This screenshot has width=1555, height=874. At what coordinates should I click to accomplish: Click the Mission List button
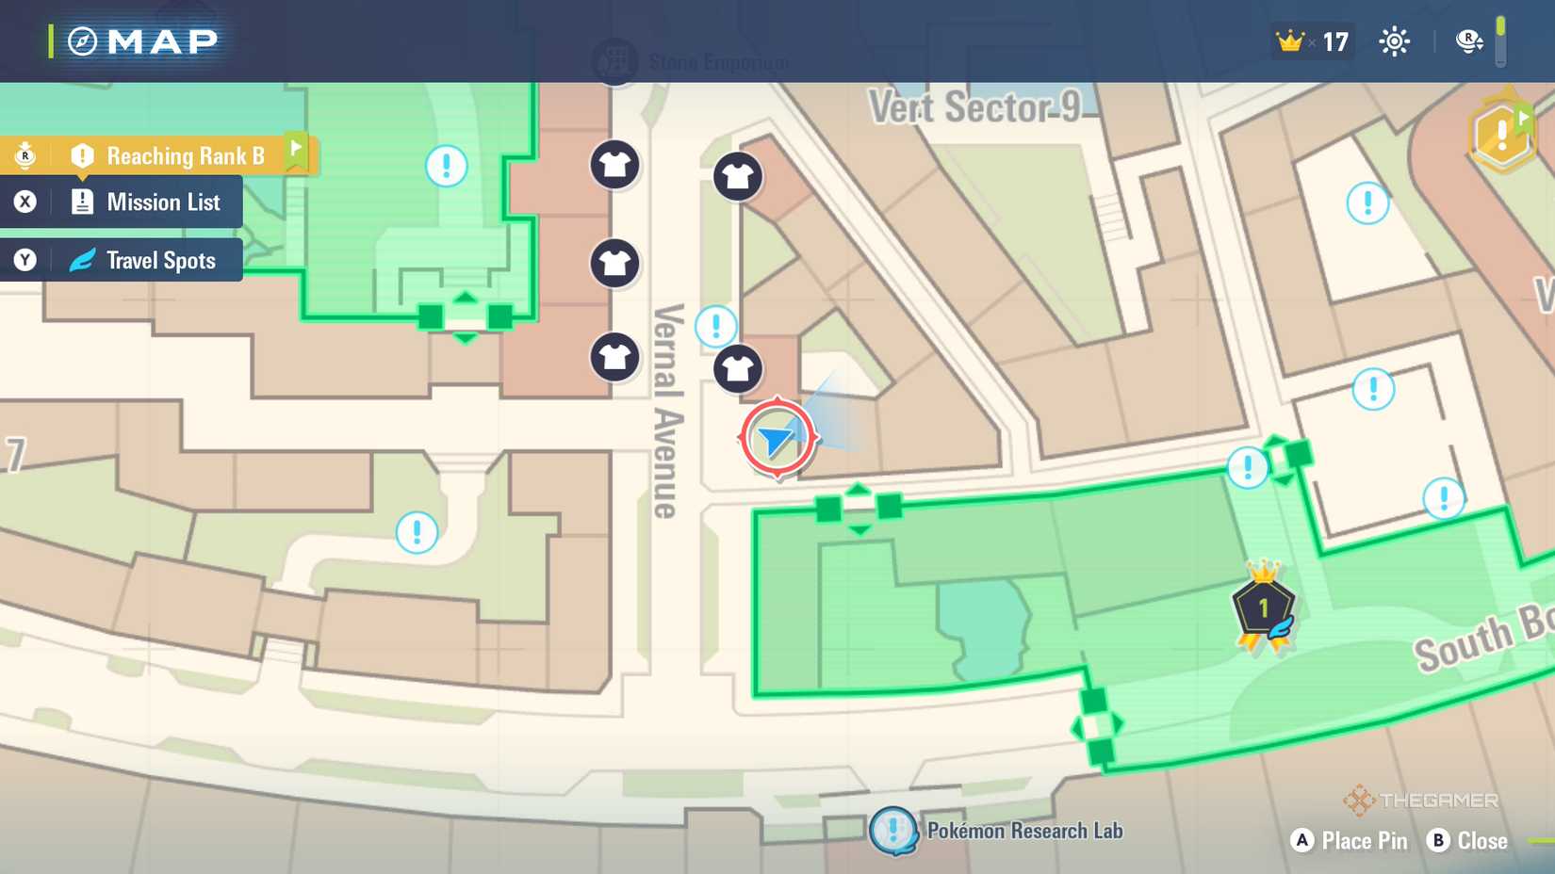(x=162, y=202)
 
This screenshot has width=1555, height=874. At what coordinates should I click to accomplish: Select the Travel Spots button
(x=160, y=261)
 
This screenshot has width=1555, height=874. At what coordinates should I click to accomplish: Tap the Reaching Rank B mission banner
(x=185, y=155)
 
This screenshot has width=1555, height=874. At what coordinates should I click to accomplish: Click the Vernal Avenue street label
(x=668, y=411)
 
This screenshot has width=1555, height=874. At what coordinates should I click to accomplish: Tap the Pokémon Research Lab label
(x=1024, y=831)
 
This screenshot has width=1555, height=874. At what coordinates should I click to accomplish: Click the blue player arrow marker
(x=776, y=439)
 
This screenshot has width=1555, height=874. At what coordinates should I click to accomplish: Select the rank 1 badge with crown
(x=1263, y=608)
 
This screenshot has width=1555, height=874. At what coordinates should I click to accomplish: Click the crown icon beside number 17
(x=1289, y=41)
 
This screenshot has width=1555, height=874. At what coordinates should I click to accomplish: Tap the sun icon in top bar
(x=1394, y=41)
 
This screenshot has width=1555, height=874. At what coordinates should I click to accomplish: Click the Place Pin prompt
(x=1364, y=841)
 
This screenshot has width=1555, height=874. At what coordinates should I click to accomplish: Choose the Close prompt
(x=1481, y=841)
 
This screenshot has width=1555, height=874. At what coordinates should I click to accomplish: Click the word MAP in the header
(x=163, y=41)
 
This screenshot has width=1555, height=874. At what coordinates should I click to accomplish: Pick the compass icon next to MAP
(x=83, y=41)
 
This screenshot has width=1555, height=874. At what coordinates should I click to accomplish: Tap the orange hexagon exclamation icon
(x=1501, y=136)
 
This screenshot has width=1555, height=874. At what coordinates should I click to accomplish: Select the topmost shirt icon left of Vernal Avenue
(x=614, y=165)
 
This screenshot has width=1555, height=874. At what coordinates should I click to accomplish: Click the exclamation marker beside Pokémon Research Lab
(x=892, y=831)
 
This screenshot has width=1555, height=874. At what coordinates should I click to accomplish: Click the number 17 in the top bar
(x=1335, y=42)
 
